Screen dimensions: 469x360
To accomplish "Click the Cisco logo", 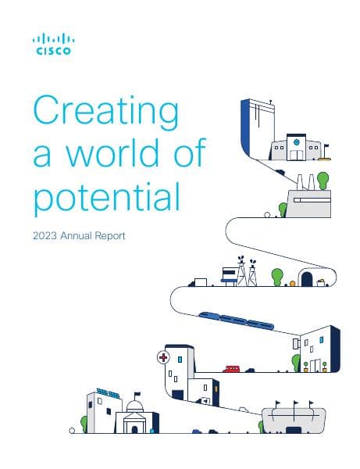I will pyautogui.click(x=52, y=45).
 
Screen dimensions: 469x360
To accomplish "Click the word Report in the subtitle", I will pyautogui.click(x=109, y=234).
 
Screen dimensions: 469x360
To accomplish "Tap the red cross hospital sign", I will pyautogui.click(x=163, y=358).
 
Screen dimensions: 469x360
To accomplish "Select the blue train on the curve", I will pyautogui.click(x=233, y=319).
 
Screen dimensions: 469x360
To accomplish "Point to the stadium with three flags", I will pyautogui.click(x=293, y=418).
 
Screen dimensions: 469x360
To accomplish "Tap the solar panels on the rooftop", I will pyautogui.click(x=107, y=392).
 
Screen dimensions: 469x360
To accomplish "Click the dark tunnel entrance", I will pyautogui.click(x=307, y=279).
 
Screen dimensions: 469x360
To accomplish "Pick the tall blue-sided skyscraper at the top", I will pyautogui.click(x=255, y=129).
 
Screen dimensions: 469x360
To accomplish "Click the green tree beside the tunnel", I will pyautogui.click(x=276, y=276).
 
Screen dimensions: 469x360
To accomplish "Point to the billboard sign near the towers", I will pyautogui.click(x=229, y=274).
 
